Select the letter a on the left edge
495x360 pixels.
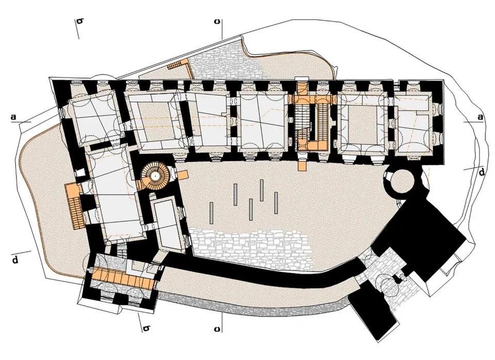(x=13, y=117)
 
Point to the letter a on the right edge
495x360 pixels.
(x=480, y=117)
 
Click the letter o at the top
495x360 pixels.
(x=217, y=22)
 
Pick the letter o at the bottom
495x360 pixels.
(x=217, y=329)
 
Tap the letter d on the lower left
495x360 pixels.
(x=15, y=260)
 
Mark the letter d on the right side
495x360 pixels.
(x=482, y=172)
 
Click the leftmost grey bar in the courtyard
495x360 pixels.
(x=211, y=213)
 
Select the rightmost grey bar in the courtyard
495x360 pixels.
(x=276, y=203)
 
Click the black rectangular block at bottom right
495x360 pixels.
(x=374, y=312)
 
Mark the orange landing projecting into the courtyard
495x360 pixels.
(x=302, y=166)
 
